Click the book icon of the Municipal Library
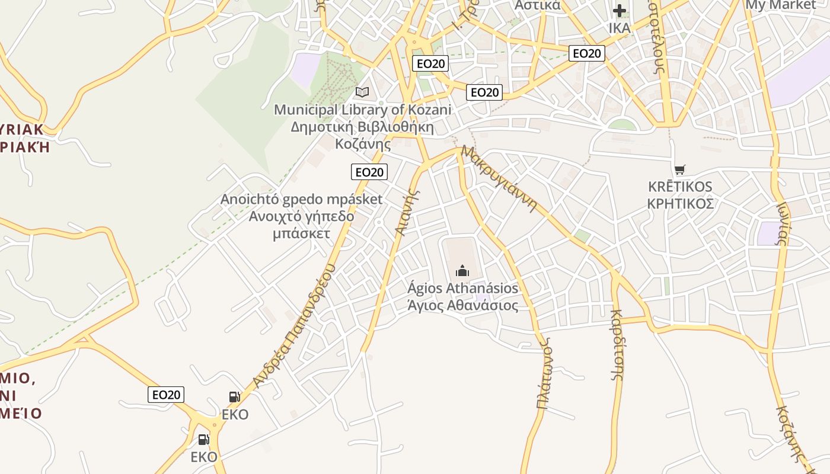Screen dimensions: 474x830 [x=362, y=92]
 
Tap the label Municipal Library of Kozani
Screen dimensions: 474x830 [x=362, y=110]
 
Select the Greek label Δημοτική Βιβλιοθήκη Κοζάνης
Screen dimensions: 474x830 [x=362, y=135]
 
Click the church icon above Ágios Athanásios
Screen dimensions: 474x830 [x=462, y=271]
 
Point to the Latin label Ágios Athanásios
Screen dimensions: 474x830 [x=462, y=289]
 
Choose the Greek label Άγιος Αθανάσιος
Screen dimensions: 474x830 [x=462, y=306]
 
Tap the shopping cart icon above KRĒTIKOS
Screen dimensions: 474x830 [x=679, y=170]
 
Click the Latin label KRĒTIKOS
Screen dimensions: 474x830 [x=680, y=187]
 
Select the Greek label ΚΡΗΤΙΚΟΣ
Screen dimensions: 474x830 [x=680, y=204]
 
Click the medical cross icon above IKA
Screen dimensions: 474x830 [x=620, y=11]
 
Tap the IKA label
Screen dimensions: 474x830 [x=620, y=28]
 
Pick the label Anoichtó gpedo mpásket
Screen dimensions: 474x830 [x=301, y=199]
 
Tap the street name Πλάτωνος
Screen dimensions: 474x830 [x=544, y=373]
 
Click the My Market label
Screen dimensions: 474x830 [x=780, y=5]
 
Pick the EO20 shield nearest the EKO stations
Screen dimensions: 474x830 [x=166, y=395]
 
